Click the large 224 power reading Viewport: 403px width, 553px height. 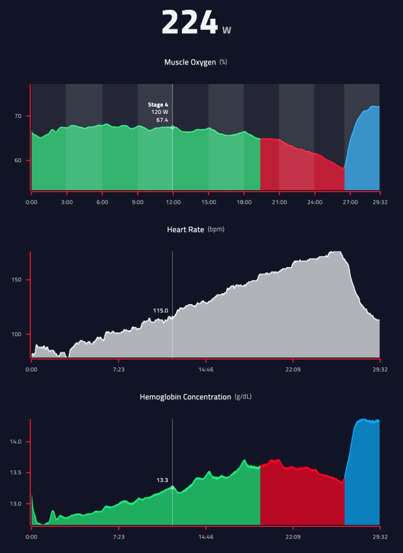(189, 23)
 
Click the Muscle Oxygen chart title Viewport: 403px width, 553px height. (191, 63)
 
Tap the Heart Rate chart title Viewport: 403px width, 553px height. (187, 229)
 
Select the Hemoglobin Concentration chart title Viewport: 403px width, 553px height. (185, 397)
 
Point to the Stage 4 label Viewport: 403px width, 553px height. (158, 104)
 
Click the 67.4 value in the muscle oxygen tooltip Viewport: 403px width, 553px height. (162, 120)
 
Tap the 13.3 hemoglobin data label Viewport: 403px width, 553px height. (162, 480)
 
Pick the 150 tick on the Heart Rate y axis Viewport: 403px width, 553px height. (16, 280)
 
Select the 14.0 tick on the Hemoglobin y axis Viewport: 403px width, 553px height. (16, 442)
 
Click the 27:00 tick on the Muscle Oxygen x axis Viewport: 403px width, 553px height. (350, 202)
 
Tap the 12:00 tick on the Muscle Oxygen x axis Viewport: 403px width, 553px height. (172, 202)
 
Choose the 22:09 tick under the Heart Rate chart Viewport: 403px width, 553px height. (292, 369)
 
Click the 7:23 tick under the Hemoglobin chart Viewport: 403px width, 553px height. (118, 537)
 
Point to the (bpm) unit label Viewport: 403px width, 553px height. (216, 229)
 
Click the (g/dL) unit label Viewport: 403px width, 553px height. (244, 397)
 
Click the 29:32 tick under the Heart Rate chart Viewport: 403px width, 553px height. (380, 369)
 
